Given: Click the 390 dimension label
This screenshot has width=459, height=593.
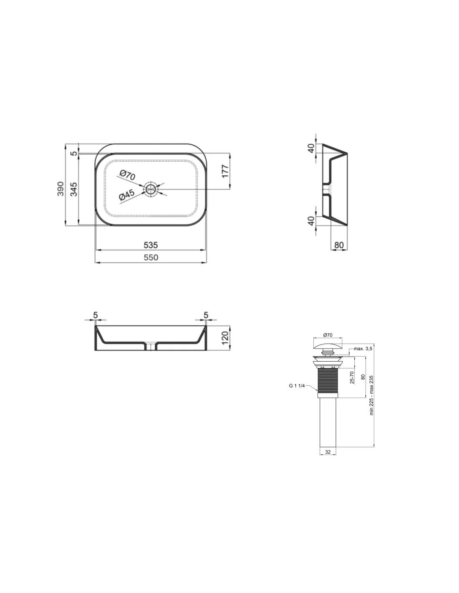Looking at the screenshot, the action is coord(61,188).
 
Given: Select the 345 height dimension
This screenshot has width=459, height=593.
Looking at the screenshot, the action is coord(74,189).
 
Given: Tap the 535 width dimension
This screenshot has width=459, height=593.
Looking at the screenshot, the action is coord(151,245).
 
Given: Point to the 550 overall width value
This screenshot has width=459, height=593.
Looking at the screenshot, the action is coord(151,257).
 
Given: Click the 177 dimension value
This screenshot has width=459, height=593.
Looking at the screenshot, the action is coord(225,171).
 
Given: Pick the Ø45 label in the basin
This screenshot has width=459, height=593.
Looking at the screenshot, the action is coord(127,195).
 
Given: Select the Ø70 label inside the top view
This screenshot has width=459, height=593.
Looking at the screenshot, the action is coord(128,175).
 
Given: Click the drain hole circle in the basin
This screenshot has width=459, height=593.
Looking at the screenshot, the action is coord(150,188).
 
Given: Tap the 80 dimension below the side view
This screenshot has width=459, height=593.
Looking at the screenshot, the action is coord(339,245).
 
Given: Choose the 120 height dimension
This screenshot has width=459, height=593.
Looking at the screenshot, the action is coord(225,338).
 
